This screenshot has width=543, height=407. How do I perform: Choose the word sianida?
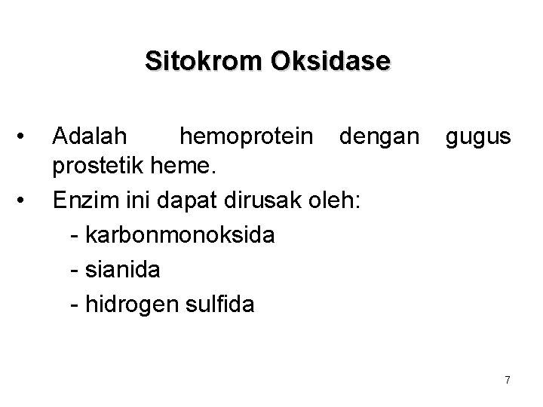click(x=124, y=268)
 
